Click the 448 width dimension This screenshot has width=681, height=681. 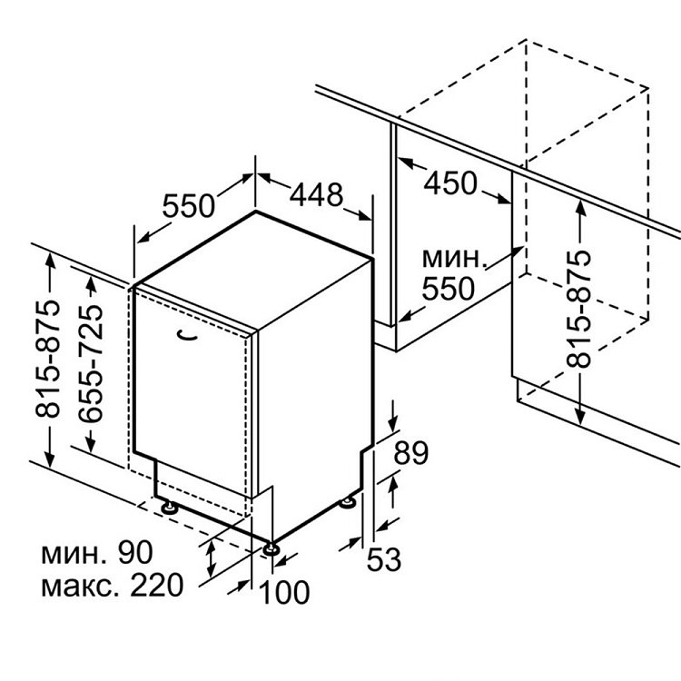point(316,195)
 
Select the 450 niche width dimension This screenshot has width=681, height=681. point(450,183)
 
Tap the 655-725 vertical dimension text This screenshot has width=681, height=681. point(90,363)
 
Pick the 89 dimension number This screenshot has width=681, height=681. point(410,453)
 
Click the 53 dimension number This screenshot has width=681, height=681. point(384,559)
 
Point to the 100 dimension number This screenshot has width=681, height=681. point(284,592)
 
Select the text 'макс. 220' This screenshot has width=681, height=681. point(112,586)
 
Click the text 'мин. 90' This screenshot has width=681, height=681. point(97,552)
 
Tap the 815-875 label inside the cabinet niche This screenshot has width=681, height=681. point(579,309)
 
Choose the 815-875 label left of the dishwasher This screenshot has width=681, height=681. point(47,359)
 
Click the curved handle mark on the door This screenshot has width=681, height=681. point(188,335)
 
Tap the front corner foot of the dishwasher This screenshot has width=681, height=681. point(271,549)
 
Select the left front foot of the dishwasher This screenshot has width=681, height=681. point(169,508)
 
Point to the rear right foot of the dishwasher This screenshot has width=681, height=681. point(347,502)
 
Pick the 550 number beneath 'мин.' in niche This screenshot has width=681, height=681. point(449,289)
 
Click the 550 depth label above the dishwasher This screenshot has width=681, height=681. point(189,205)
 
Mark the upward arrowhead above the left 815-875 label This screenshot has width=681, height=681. point(50,261)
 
